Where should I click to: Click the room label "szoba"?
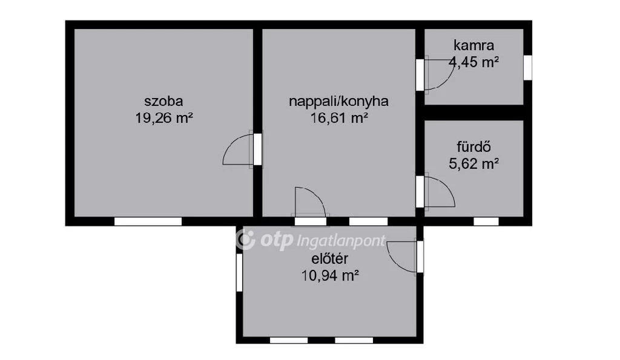(163, 101)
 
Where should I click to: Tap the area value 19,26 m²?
(163, 117)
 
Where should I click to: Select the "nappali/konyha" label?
(338, 101)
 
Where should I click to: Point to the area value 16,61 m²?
(338, 117)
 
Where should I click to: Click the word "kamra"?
(473, 45)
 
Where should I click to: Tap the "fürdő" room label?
(473, 146)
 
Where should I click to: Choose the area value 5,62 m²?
(473, 163)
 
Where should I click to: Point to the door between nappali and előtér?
(310, 202)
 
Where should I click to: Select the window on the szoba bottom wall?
(148, 221)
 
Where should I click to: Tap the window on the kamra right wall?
(527, 67)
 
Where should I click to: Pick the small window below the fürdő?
(486, 221)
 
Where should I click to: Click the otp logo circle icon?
(245, 240)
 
